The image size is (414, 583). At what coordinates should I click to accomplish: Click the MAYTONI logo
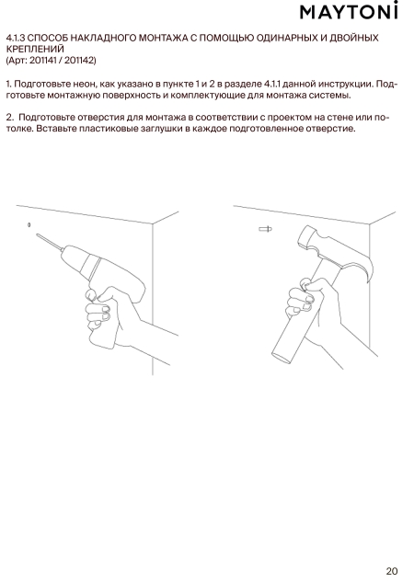[349, 11]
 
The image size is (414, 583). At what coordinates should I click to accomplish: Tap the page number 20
[392, 571]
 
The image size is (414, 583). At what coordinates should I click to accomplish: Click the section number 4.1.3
[16, 38]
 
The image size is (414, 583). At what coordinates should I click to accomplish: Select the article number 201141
[42, 61]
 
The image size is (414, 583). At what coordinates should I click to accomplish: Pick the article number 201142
[79, 61]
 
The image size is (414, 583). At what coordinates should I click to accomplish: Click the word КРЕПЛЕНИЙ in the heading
[35, 49]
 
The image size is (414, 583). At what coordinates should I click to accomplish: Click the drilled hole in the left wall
[29, 224]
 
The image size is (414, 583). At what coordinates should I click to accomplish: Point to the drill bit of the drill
[49, 242]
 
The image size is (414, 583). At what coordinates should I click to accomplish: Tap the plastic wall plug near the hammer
[265, 229]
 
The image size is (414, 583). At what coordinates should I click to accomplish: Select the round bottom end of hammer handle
[282, 356]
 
